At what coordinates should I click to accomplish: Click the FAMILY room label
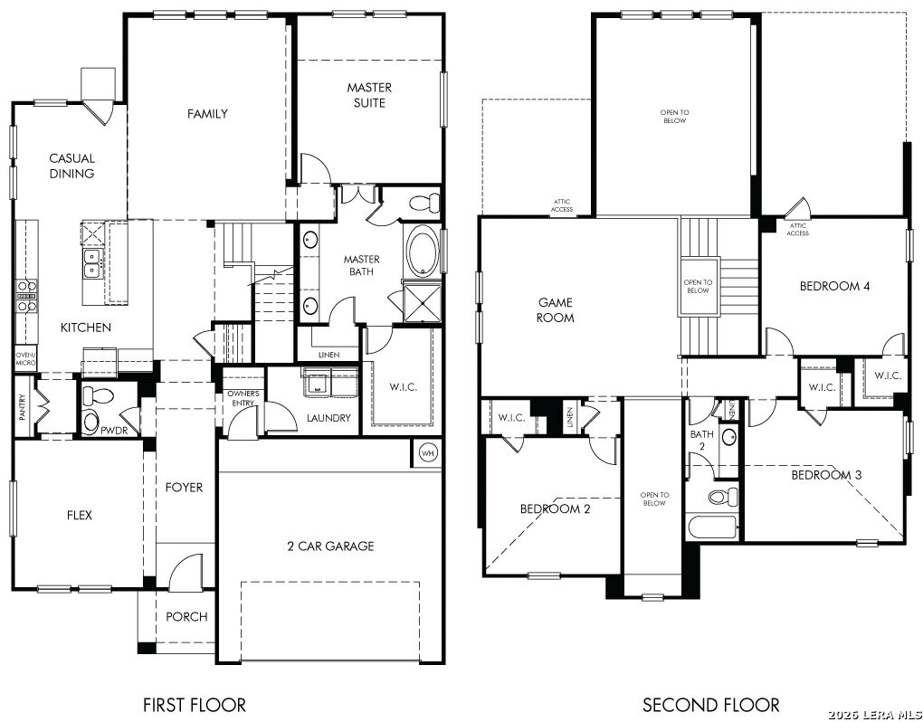[207, 114]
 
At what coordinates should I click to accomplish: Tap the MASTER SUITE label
[369, 95]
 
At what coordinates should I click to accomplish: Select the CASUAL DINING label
[71, 166]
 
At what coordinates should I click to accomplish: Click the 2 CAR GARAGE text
[329, 546]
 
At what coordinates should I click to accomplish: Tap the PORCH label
[186, 617]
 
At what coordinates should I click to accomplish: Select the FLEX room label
[79, 516]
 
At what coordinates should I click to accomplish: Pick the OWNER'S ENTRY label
[243, 398]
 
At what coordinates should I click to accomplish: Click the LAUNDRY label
[328, 418]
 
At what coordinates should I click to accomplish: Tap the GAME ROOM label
[556, 310]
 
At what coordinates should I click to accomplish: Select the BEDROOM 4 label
[834, 287]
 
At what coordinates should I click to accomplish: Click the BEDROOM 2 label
[555, 509]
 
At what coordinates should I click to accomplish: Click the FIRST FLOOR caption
[194, 704]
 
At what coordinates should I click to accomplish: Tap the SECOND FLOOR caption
[710, 704]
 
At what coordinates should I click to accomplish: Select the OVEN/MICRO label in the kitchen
[24, 358]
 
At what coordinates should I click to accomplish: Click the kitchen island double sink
[91, 263]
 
